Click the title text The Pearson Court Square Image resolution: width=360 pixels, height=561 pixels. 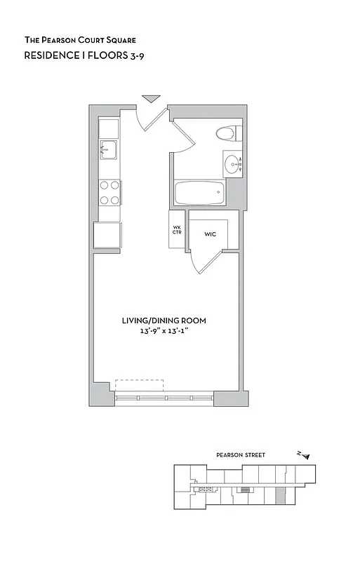coord(81,41)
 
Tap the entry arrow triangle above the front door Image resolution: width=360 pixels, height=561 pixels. coord(151,99)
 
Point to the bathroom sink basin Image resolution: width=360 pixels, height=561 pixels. coord(232,165)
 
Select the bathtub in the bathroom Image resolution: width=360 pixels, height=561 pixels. coord(199,193)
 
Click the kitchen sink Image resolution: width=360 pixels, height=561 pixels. coord(107,149)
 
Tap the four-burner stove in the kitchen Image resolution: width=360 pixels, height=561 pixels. coord(109,193)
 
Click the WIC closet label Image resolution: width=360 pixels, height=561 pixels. coord(210,234)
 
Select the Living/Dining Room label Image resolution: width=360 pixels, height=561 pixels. coord(164,320)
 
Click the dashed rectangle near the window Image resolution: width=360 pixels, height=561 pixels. coord(139,386)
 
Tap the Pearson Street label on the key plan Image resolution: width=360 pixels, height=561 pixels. coord(241,455)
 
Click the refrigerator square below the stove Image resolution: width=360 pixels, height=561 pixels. coord(107,234)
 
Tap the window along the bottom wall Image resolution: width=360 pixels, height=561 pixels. coord(164,398)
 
